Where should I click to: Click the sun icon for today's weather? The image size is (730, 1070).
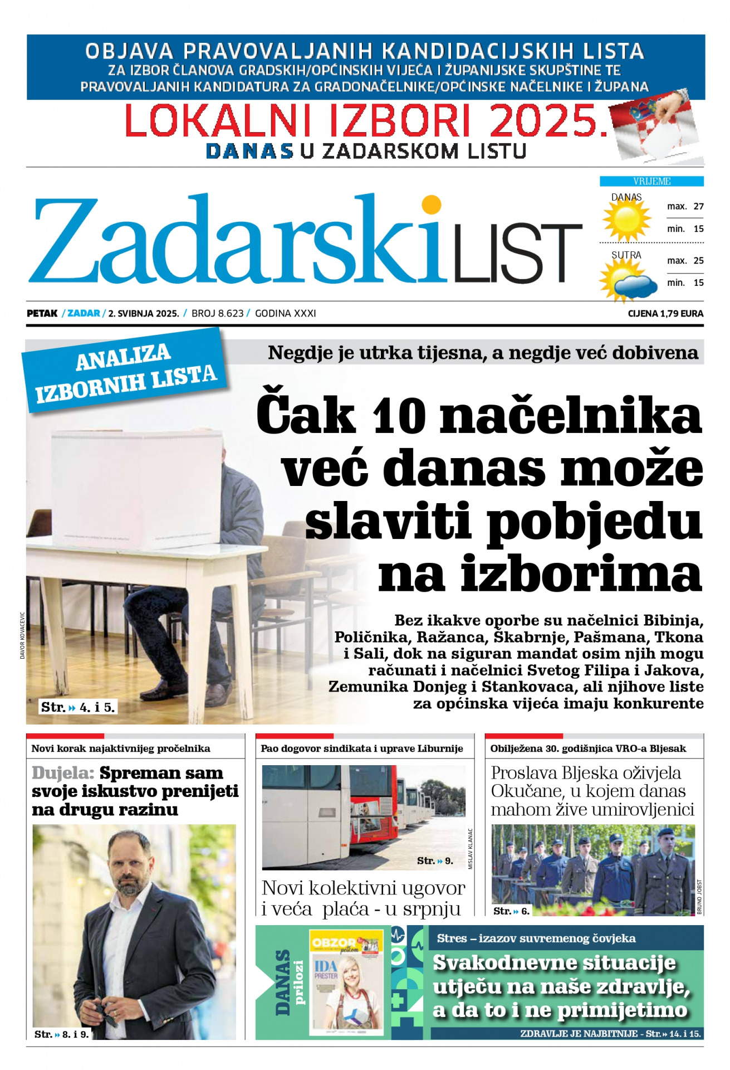click(x=626, y=218)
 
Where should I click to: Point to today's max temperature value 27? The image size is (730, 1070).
click(x=698, y=206)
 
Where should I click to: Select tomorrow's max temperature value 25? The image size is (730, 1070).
click(x=698, y=260)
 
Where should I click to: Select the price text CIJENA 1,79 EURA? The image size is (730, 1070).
click(x=665, y=314)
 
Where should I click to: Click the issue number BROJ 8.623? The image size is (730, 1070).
click(x=217, y=314)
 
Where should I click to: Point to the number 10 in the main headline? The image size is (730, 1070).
click(x=399, y=416)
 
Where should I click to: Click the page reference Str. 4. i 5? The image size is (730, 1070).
click(x=78, y=708)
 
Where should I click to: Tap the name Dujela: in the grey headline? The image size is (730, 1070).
click(x=63, y=773)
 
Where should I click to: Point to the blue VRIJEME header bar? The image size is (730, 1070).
click(x=651, y=181)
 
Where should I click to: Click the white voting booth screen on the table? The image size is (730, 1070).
click(x=136, y=488)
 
